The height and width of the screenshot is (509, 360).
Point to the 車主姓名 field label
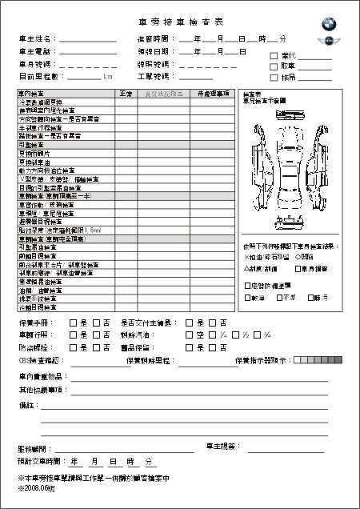[x=35, y=38]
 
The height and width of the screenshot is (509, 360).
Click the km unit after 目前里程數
[x=108, y=77]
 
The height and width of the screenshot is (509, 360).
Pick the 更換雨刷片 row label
[x=34, y=153]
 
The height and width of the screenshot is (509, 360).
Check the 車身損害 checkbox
[x=298, y=269]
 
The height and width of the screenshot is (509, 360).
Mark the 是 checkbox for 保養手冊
[x=74, y=323]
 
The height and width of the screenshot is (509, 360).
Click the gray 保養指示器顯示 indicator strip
[x=310, y=361]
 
